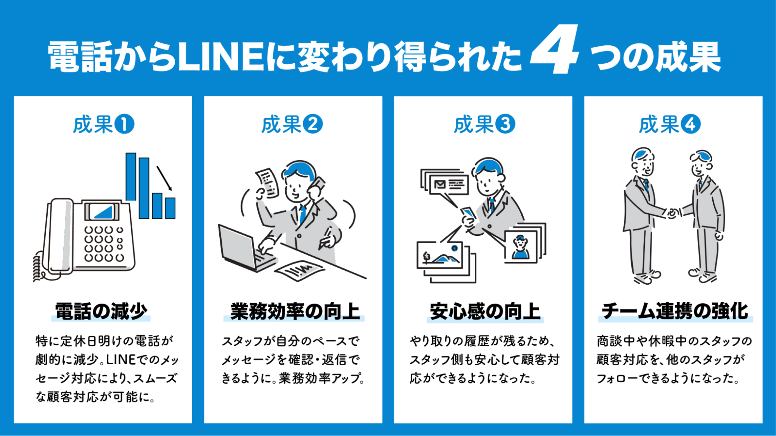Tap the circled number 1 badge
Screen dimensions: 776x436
tap(124, 125)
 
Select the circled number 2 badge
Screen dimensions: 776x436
tap(312, 125)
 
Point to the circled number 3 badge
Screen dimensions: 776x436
tap(505, 125)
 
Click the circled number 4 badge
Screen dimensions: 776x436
tap(691, 125)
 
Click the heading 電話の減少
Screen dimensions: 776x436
tap(101, 311)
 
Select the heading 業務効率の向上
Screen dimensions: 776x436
tap(295, 311)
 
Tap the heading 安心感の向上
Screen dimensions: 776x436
tap(485, 311)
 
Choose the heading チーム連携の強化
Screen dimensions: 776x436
tap(675, 311)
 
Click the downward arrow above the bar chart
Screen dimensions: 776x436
tap(164, 178)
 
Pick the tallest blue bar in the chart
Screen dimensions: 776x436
tap(131, 176)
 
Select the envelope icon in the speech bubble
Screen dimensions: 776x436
tap(439, 184)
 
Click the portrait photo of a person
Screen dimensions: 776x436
tap(521, 247)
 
